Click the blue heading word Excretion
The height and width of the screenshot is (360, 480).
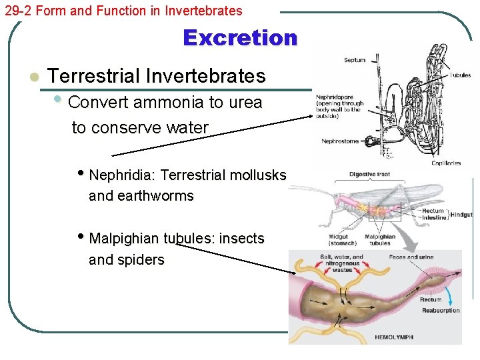(240, 38)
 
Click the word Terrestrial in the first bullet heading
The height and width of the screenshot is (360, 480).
(95, 76)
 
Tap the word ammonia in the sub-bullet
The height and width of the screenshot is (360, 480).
(168, 103)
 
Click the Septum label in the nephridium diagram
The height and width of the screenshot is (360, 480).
(354, 60)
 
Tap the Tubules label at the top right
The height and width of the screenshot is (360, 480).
(460, 75)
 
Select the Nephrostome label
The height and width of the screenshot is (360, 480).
(339, 141)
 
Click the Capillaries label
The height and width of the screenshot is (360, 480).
(446, 163)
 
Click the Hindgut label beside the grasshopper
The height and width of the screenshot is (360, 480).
(461, 215)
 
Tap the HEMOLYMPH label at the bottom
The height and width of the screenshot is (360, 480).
(393, 338)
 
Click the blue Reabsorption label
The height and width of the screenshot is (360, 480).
(440, 311)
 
